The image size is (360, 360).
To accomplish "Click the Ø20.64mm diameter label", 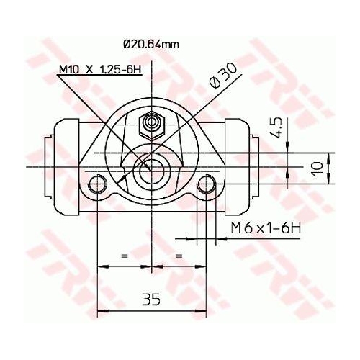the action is [x=151, y=45].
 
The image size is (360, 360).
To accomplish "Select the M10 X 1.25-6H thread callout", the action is [x=100, y=69].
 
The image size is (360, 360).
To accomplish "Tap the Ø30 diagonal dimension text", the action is [x=223, y=76].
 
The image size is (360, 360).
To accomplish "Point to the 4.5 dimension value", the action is [x=278, y=127].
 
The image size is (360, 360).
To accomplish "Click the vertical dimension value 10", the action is [x=318, y=168].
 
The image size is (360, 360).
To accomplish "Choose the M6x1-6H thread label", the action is [x=266, y=228].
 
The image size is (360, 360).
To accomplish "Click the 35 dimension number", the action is [x=151, y=300].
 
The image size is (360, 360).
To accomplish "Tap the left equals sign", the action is [x=125, y=256].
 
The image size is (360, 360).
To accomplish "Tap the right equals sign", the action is [x=179, y=256].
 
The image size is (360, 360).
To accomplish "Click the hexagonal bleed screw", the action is [x=152, y=125].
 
